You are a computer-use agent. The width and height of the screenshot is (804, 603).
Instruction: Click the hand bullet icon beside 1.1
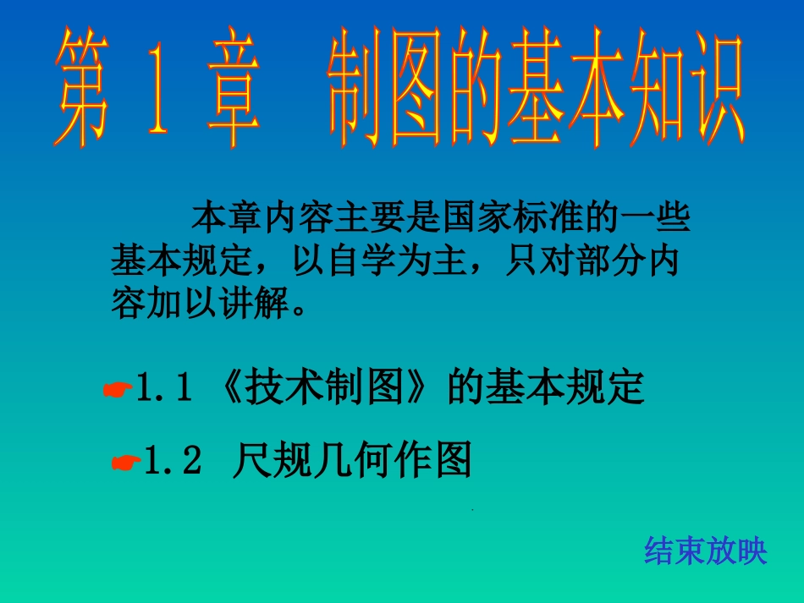pos(117,390)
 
